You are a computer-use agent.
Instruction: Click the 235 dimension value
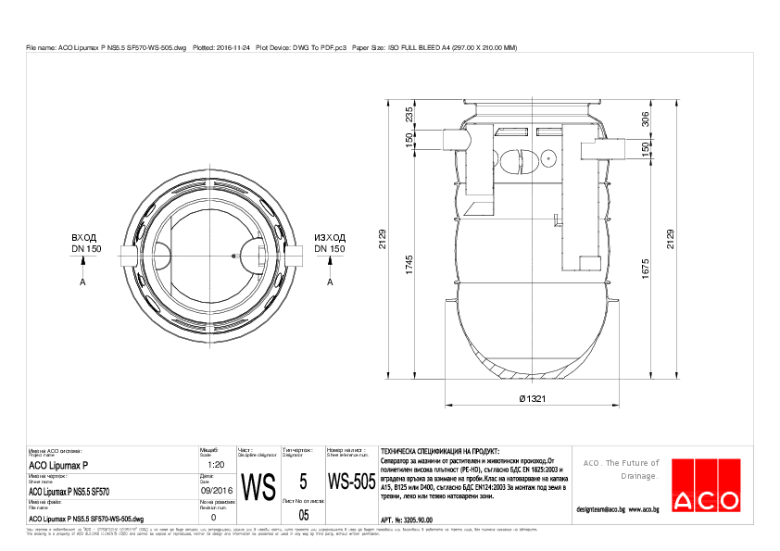click(x=409, y=115)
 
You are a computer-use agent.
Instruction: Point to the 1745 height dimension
click(x=409, y=264)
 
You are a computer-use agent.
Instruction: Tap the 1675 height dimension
click(x=646, y=268)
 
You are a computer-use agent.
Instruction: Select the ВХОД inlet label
click(x=84, y=238)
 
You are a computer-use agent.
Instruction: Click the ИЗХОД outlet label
click(x=330, y=238)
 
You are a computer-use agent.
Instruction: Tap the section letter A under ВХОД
click(x=83, y=282)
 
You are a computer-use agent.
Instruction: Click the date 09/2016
click(x=213, y=492)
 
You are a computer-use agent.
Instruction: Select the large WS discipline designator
click(x=258, y=486)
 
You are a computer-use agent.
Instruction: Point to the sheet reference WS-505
click(x=351, y=483)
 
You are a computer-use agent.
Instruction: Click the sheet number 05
click(x=303, y=514)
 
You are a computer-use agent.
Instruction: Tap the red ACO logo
click(x=706, y=483)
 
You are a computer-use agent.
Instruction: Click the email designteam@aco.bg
click(x=600, y=509)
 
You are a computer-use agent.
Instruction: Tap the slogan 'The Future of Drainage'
click(x=621, y=470)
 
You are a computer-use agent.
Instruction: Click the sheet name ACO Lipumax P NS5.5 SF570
click(x=70, y=492)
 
